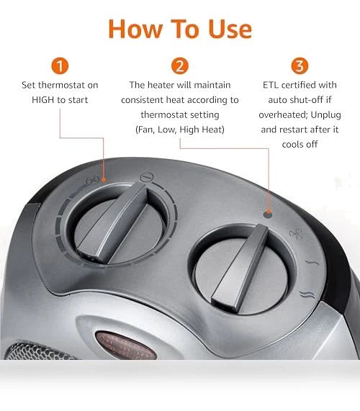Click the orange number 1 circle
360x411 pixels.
(60, 66)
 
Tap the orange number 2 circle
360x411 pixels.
(180, 66)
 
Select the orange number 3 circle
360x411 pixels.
(300, 66)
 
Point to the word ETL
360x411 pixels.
(271, 85)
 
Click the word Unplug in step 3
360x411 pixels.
(325, 115)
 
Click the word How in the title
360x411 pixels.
(135, 29)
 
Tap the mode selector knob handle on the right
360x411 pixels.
(240, 268)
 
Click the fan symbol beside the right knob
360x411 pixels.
(296, 234)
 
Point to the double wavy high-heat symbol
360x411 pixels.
(307, 294)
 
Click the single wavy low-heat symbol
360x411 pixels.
(312, 262)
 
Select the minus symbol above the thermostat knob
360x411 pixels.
(147, 177)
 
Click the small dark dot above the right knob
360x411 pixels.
(267, 214)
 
